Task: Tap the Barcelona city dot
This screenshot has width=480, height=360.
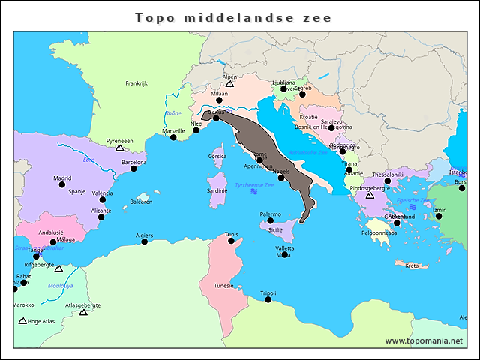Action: pos(134,169)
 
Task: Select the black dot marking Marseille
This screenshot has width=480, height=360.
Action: pos(173,137)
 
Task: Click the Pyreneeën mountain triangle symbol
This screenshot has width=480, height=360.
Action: pos(119,148)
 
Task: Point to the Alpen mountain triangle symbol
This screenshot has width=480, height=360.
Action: pos(229,84)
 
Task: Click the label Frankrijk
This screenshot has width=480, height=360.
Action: pos(137,83)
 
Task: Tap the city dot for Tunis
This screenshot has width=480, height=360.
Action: pos(232,241)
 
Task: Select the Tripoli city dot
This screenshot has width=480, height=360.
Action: pos(268,299)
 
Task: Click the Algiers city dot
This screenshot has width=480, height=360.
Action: pos(144,241)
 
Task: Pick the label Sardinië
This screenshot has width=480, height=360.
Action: pos(217,190)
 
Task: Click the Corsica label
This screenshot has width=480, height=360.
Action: pos(217,156)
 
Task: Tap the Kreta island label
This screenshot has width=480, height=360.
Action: pos(412,265)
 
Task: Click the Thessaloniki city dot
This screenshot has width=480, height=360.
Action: pos(388,181)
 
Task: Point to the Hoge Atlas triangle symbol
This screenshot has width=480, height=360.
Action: pos(23,321)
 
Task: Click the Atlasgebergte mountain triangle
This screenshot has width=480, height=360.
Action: pos(83,312)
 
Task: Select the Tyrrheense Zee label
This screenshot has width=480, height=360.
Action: pos(254,184)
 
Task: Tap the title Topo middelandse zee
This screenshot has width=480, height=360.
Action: pos(232,16)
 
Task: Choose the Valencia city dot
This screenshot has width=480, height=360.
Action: pos(103,199)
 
